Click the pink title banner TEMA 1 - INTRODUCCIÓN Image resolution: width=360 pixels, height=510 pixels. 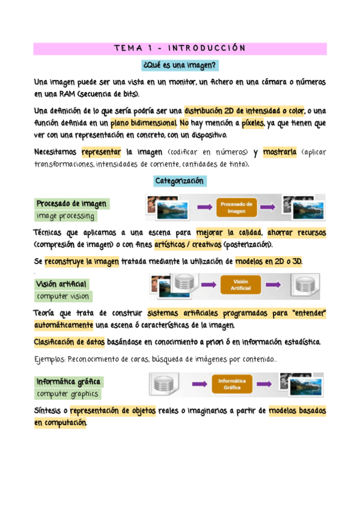[180, 49]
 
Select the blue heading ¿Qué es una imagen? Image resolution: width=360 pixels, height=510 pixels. [180, 64]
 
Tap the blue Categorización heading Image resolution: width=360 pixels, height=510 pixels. [180, 181]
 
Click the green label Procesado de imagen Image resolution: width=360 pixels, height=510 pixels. [72, 204]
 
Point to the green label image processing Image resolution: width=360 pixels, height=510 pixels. [64, 216]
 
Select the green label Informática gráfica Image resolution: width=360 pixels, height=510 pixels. [69, 382]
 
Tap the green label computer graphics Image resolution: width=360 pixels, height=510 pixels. [67, 394]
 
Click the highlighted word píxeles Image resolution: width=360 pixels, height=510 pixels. [249, 123]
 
